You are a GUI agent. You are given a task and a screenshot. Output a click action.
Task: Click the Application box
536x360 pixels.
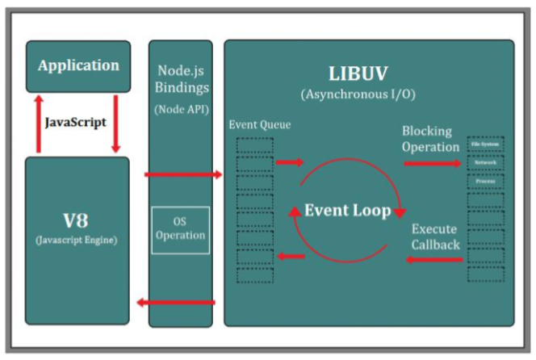(78, 66)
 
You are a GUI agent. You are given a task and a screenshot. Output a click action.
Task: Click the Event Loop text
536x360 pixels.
(347, 211)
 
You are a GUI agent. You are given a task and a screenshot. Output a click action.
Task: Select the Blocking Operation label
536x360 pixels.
(431, 138)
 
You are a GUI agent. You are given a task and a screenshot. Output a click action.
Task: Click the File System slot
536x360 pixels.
(485, 144)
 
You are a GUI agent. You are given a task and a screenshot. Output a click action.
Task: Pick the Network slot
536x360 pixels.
(485, 162)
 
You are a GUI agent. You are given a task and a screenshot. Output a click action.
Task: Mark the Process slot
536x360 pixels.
(485, 182)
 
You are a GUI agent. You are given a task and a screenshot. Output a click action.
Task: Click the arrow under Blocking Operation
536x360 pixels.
(433, 164)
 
